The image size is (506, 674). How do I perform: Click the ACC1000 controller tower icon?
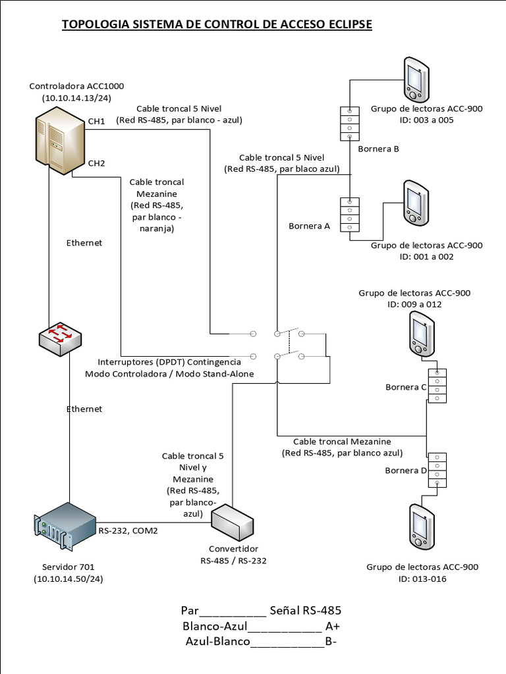[60, 141]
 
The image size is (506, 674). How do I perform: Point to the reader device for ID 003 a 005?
[416, 76]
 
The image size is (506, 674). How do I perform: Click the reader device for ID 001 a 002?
[416, 202]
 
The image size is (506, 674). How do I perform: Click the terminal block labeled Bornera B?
[349, 123]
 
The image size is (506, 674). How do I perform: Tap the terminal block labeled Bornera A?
[349, 214]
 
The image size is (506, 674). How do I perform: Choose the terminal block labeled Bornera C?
[437, 385]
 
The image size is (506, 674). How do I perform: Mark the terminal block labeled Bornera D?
[437, 470]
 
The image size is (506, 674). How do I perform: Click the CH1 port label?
[97, 121]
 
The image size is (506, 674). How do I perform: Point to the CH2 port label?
[97, 163]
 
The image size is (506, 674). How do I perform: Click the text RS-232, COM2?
[128, 530]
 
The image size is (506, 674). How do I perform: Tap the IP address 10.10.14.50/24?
[68, 579]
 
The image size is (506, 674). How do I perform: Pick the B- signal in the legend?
[331, 641]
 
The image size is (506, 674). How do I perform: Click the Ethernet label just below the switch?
[84, 409]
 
